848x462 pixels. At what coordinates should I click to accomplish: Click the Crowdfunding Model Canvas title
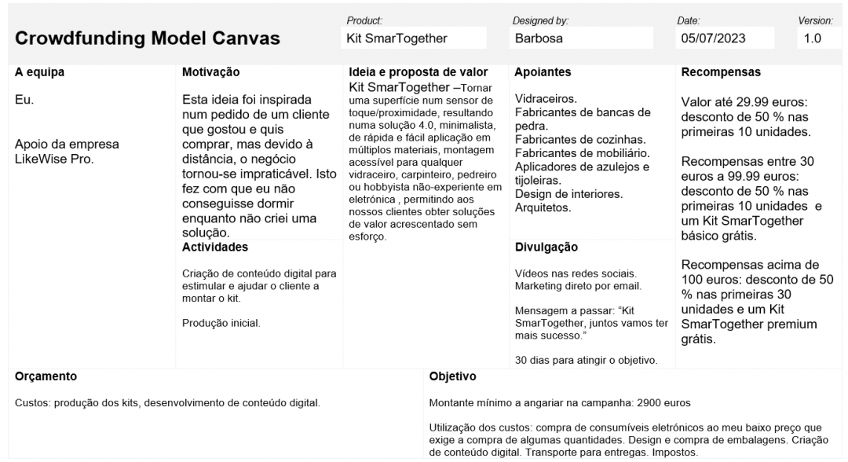pyautogui.click(x=148, y=38)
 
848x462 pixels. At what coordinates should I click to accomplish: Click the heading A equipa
pyautogui.click(x=39, y=72)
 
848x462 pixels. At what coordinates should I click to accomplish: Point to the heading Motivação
pyautogui.click(x=210, y=72)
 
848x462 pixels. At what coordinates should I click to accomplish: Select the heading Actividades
pyautogui.click(x=214, y=247)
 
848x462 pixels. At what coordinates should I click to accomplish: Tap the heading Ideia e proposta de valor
pyautogui.click(x=418, y=72)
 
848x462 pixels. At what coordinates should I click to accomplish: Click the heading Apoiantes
pyautogui.click(x=543, y=72)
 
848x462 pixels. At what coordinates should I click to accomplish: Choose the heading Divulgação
pyautogui.click(x=546, y=247)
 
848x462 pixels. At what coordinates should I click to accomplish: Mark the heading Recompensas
pyautogui.click(x=721, y=72)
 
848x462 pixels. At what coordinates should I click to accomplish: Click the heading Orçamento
pyautogui.click(x=46, y=376)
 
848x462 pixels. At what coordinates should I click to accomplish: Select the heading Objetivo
pyautogui.click(x=454, y=376)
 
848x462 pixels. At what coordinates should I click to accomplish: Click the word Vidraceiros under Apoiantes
pyautogui.click(x=546, y=99)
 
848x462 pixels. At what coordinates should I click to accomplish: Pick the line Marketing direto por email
pyautogui.click(x=579, y=285)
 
